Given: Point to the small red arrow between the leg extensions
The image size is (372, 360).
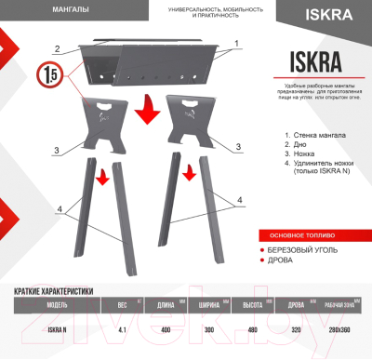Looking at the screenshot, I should click(x=189, y=173).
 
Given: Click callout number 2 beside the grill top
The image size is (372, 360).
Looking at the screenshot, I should click(x=57, y=48).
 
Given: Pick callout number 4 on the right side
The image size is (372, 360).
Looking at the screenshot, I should click(x=239, y=200).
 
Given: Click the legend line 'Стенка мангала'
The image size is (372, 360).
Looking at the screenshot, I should click(x=319, y=136).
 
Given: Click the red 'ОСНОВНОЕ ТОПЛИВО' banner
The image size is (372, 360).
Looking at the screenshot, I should click(x=302, y=233).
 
